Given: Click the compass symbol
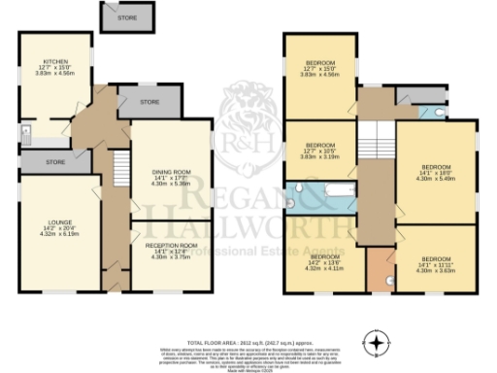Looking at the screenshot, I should click(376, 341).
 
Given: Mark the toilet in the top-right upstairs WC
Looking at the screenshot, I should click(439, 113).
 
